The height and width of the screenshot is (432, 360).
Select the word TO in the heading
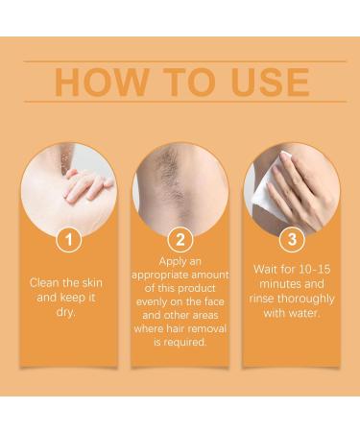[x=180, y=82]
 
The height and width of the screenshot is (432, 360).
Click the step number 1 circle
[x=67, y=239]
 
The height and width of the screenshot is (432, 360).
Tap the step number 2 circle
[x=179, y=239]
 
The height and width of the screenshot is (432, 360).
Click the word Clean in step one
[x=48, y=284]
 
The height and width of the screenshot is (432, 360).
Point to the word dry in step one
[x=67, y=313]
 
